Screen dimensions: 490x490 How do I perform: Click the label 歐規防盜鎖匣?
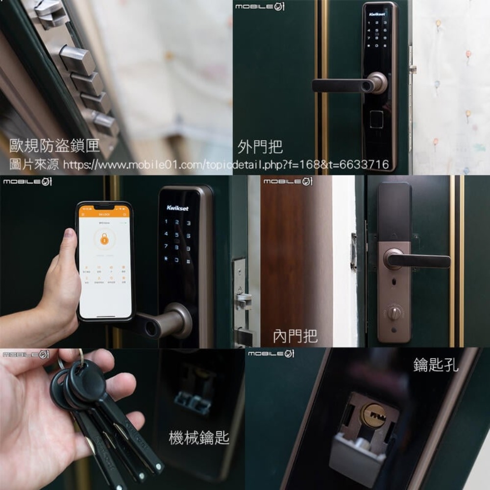tap(54, 146)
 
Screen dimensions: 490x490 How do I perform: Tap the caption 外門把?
tap(260, 146)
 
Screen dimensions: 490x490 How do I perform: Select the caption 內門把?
tap(295, 336)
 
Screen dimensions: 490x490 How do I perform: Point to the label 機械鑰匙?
tap(199, 438)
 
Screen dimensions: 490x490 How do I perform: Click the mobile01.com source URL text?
tap(225, 165)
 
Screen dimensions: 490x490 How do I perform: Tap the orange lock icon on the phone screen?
tap(104, 239)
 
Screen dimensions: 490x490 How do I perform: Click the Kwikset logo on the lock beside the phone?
tap(177, 208)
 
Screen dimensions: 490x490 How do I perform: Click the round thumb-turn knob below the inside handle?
tap(394, 312)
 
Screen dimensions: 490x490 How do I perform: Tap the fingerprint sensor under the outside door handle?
tap(376, 120)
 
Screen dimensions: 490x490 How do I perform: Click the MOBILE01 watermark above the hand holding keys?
tap(25, 354)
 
